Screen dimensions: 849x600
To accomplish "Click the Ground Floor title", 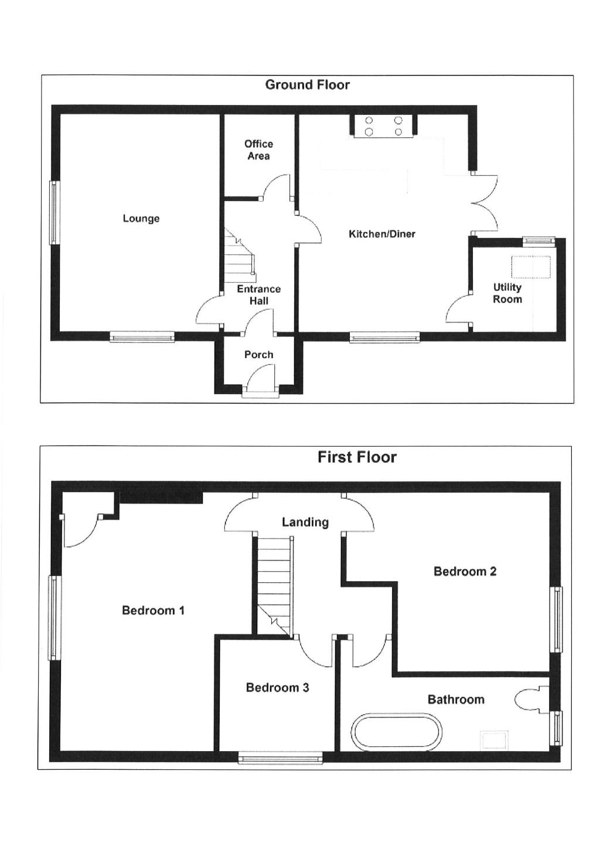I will pos(307,85).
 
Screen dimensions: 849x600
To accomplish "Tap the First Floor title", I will pos(357,457).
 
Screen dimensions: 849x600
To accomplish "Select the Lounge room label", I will pos(141,219).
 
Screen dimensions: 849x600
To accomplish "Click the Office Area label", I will pos(258,150).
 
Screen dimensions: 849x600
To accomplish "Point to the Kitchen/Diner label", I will pos(382,234).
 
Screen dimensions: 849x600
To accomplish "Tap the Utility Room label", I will pos(507,293).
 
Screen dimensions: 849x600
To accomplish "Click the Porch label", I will pos(258,355).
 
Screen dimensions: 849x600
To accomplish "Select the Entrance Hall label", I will pos(258,295).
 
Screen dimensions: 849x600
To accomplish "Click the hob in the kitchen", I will pos(384,125).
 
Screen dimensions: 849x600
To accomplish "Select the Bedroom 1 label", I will pos(153,610).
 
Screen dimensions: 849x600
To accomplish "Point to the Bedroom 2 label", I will pos(465,572).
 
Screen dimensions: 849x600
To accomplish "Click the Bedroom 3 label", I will pos(277,688).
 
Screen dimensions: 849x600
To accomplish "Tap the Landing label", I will pos(305,522).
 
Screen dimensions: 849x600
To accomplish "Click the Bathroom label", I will pos(456,699).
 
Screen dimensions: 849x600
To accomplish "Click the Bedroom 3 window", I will pos(281,759).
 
